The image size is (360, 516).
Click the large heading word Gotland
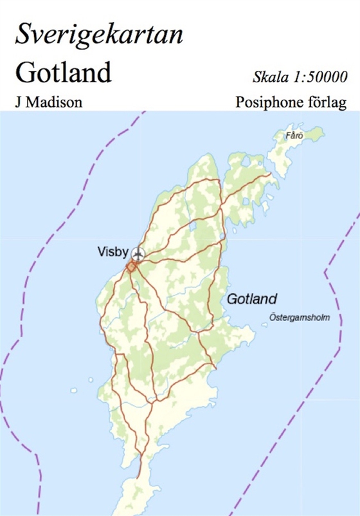tap(63, 73)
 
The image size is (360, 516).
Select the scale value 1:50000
tap(321, 77)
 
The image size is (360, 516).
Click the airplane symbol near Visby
tap(138, 252)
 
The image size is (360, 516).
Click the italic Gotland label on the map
tap(251, 299)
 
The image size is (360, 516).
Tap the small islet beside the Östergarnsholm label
tap(264, 326)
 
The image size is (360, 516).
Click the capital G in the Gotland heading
tap(24, 73)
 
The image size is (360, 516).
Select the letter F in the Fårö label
tap(288, 136)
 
